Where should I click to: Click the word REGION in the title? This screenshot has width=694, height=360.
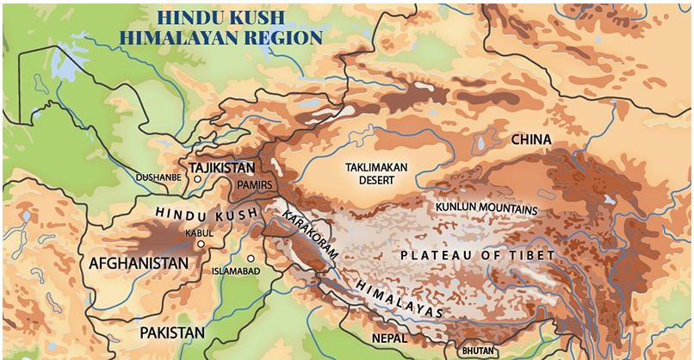coord(290,37)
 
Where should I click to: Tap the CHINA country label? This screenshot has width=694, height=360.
coord(530,140)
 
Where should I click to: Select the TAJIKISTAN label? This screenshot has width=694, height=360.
coord(221,166)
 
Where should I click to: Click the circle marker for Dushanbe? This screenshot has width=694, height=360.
coord(198,179)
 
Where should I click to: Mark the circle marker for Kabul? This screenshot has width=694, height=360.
coord(201,244)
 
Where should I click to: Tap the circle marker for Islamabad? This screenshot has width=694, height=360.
coord(251,258)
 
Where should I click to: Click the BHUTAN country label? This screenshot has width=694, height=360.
coord(479,351)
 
